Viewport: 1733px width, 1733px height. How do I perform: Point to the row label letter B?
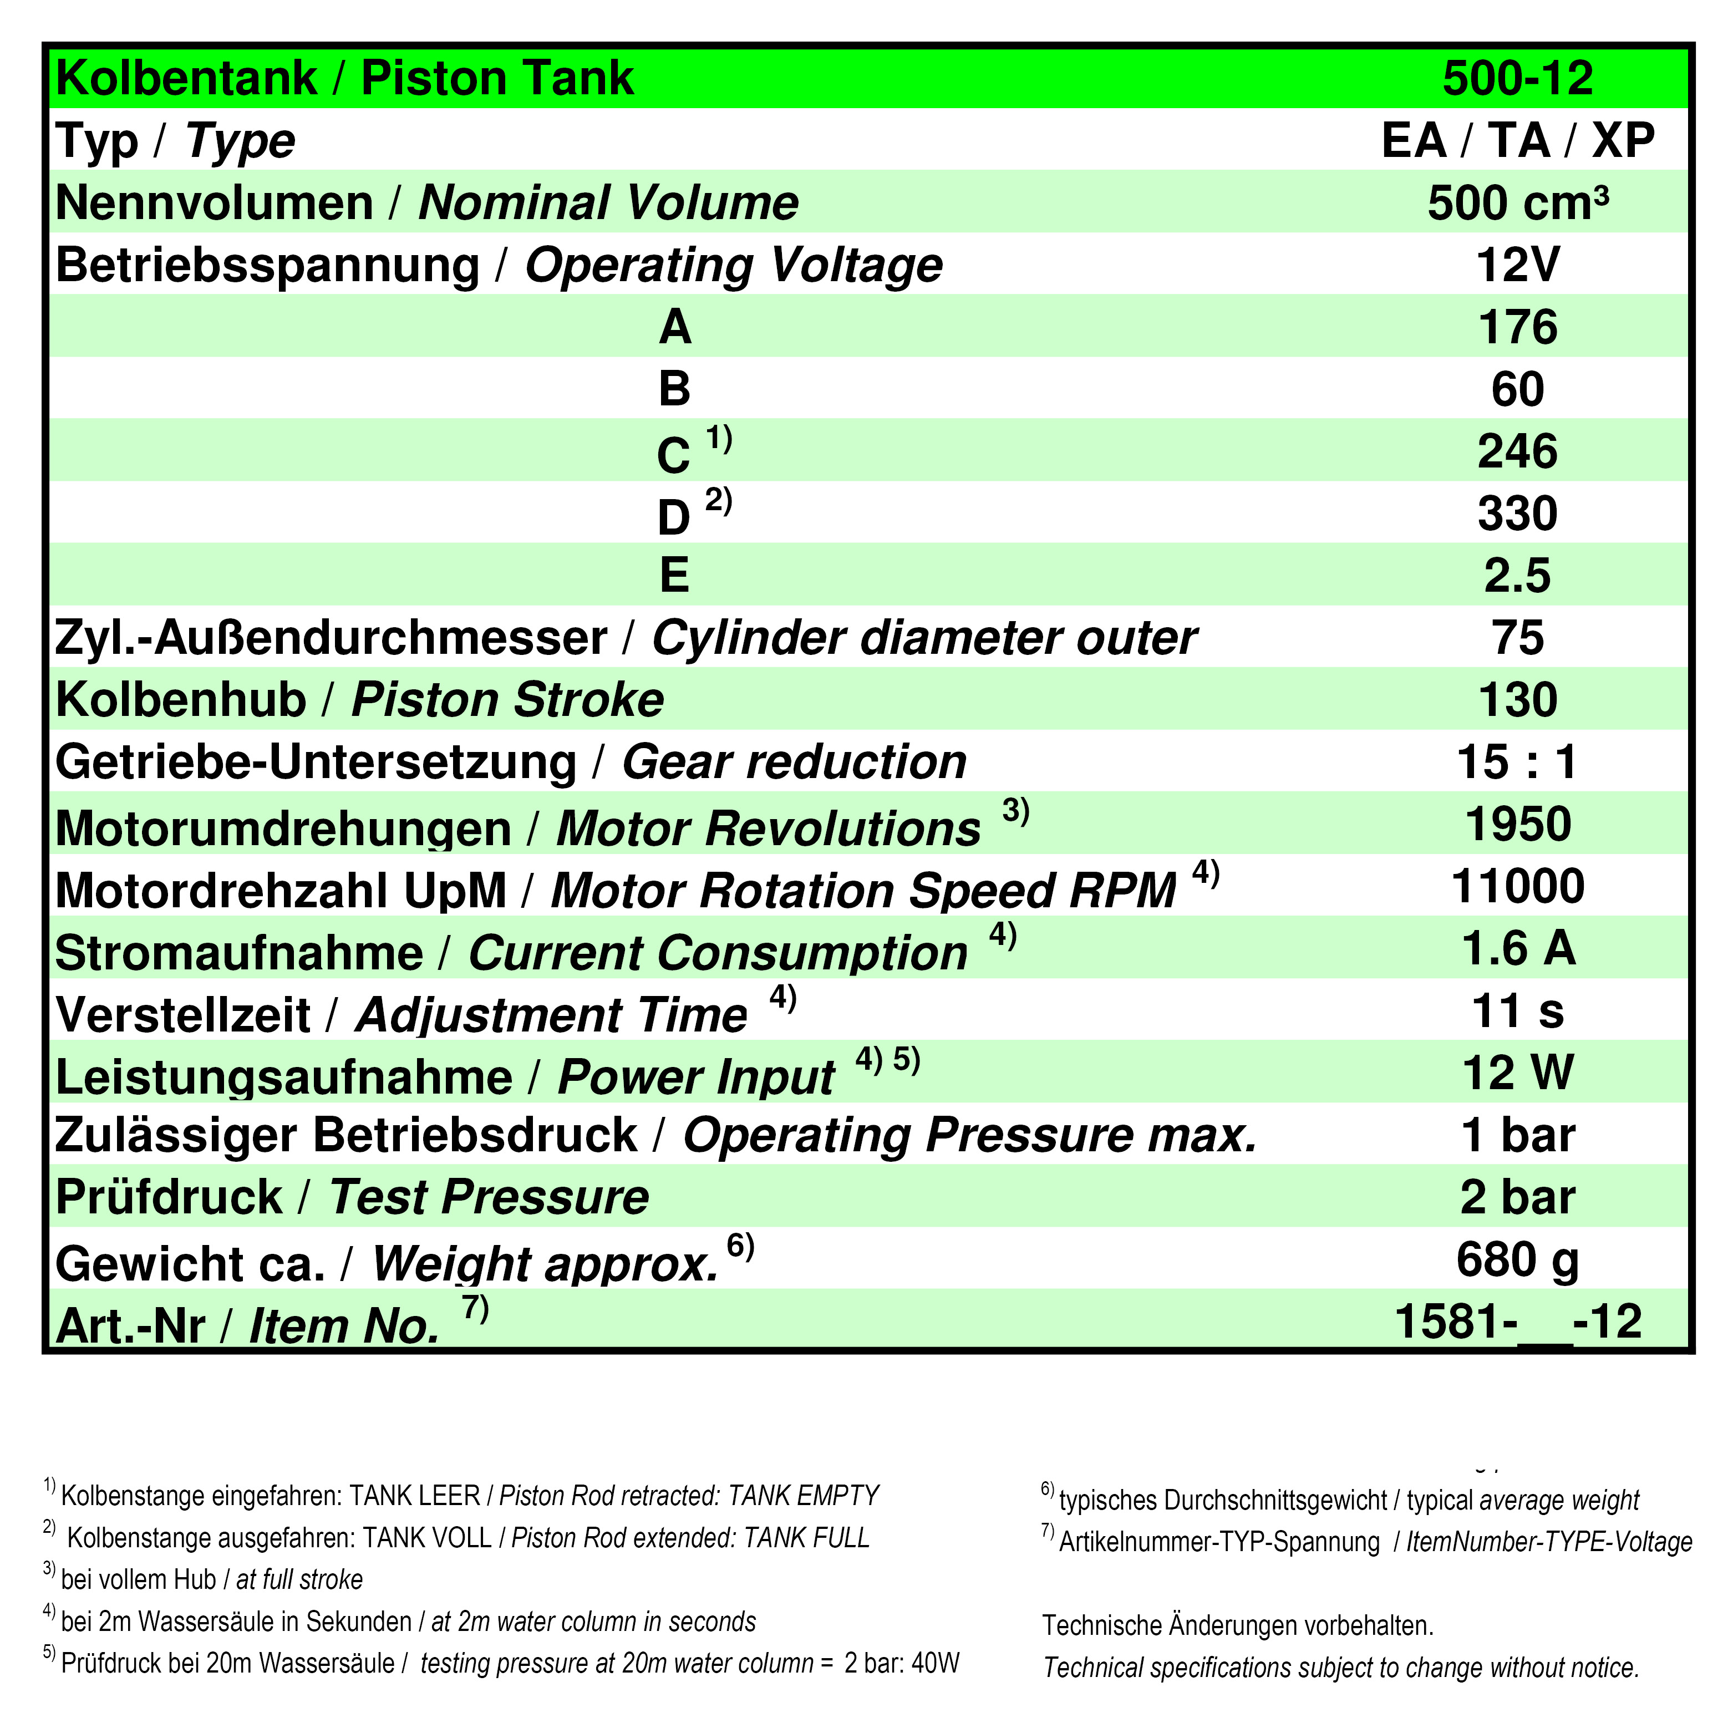pyautogui.click(x=674, y=389)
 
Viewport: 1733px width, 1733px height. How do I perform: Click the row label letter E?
pyautogui.click(x=674, y=575)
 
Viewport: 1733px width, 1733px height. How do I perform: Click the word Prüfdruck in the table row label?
pyautogui.click(x=169, y=1197)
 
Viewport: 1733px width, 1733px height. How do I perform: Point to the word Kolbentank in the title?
pyautogui.click(x=186, y=79)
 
